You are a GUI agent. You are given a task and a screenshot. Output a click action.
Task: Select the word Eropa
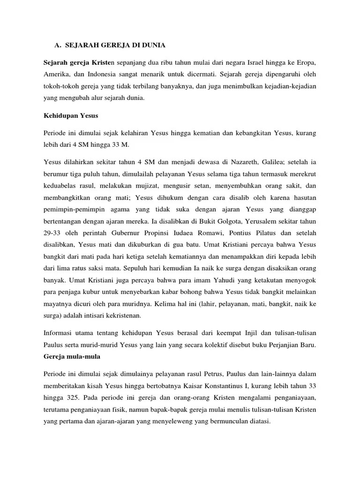pos(305,62)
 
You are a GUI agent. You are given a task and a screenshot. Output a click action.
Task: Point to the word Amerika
pos(57,74)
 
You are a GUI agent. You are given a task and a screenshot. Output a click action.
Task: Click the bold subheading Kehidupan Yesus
pos(67,115)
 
